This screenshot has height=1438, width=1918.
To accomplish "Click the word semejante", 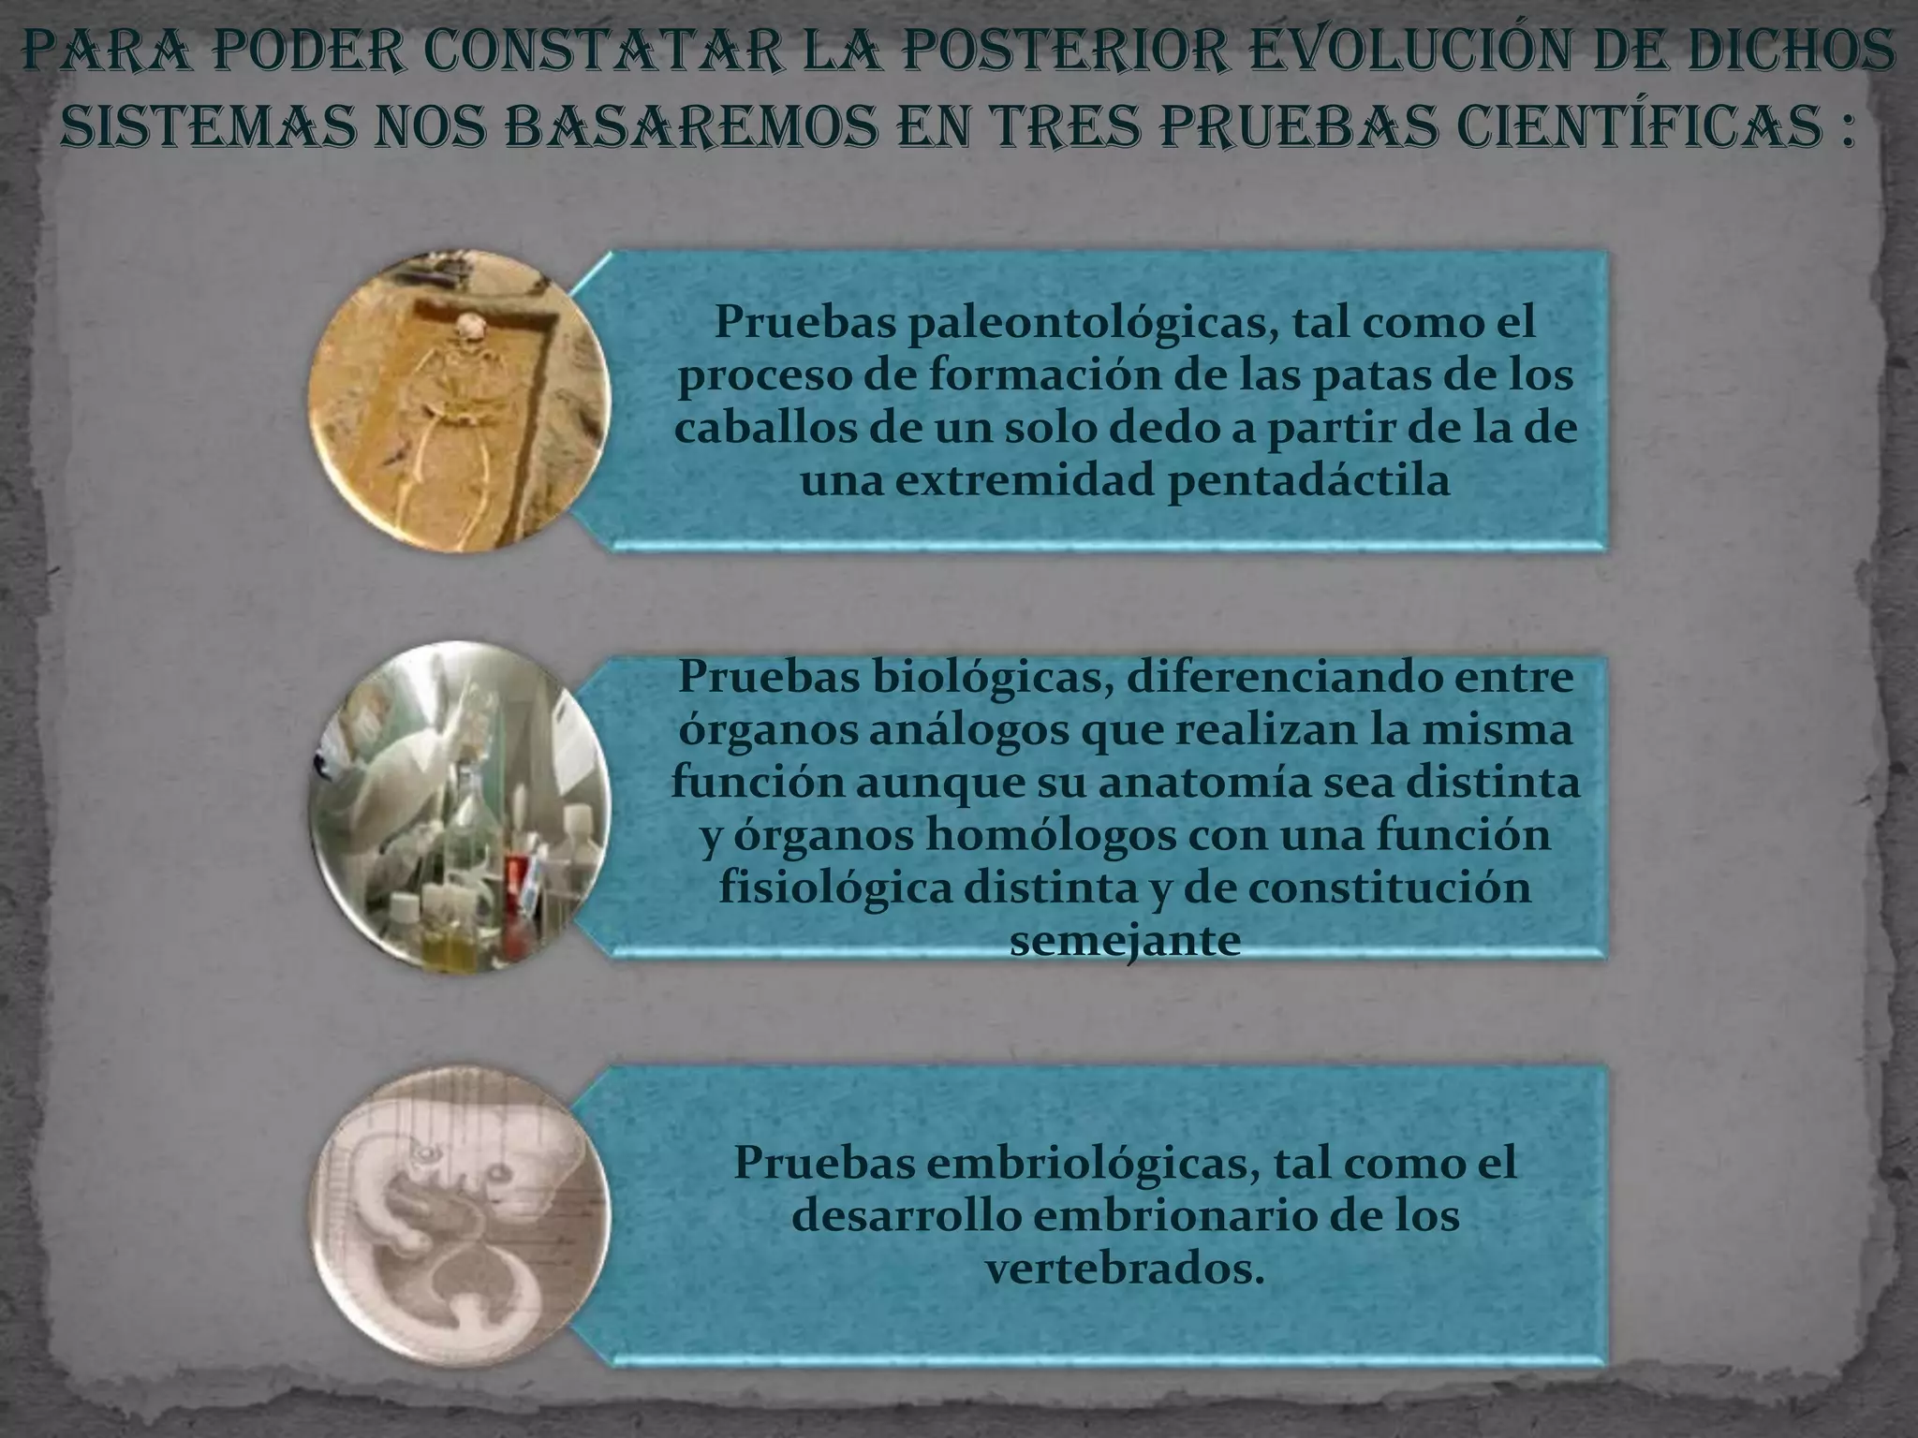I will click(x=1126, y=941).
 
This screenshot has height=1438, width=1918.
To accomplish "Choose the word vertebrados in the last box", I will click(x=1119, y=1269).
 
